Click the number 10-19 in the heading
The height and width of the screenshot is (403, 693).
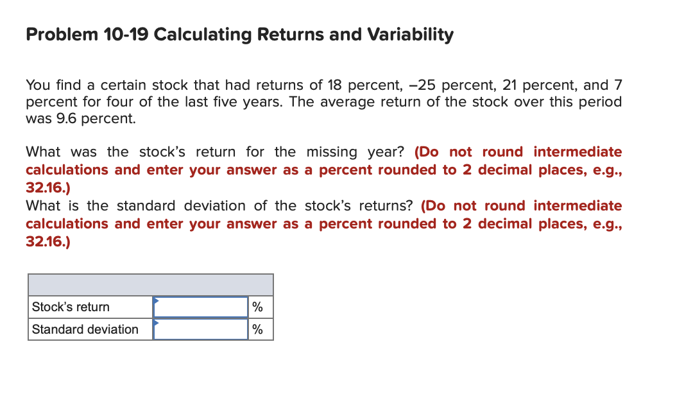tap(126, 35)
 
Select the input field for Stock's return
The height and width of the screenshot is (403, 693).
tap(200, 307)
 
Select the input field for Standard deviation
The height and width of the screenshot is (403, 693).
tap(200, 329)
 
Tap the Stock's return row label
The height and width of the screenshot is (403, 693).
tap(71, 307)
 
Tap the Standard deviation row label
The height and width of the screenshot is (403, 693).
tap(85, 329)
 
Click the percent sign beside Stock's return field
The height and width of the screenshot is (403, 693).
tap(257, 307)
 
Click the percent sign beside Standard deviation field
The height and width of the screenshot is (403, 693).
tap(257, 329)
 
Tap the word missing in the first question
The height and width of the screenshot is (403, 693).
tap(332, 152)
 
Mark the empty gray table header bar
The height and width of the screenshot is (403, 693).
tap(151, 285)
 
